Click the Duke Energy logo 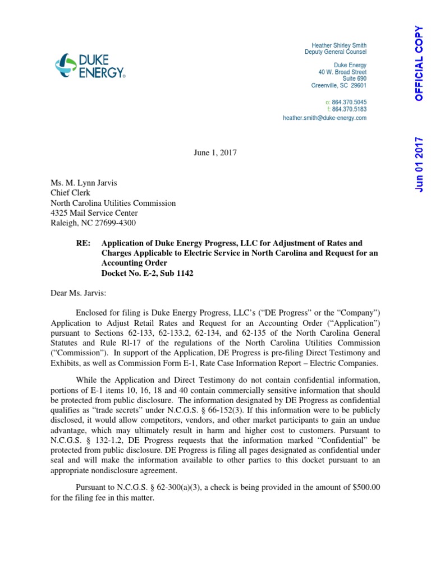click(x=90, y=65)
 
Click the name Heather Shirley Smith click(x=338, y=45)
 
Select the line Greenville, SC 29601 click(x=338, y=86)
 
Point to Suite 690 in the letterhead click(x=354, y=79)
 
